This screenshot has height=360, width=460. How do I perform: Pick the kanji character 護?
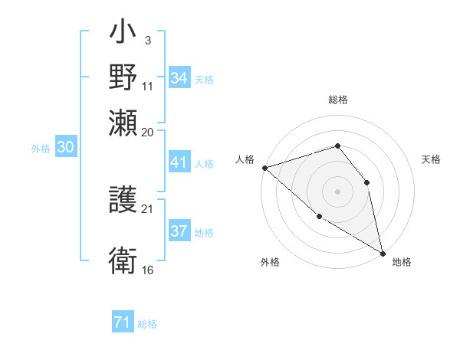[x=123, y=201]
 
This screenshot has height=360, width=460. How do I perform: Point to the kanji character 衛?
[x=123, y=260]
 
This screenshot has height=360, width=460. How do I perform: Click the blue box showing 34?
[x=179, y=78]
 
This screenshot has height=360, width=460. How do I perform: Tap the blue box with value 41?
[x=179, y=162]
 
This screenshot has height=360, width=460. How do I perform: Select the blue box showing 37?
[x=179, y=231]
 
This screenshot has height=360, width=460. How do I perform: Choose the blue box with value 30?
[x=65, y=148]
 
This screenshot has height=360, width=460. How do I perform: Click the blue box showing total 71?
[x=123, y=322]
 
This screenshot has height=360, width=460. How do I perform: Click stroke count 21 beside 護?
[x=148, y=209]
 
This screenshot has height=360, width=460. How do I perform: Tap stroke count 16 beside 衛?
[x=148, y=270]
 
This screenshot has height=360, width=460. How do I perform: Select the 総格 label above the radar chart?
[x=337, y=100]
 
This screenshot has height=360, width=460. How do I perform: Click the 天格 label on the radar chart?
[x=431, y=159]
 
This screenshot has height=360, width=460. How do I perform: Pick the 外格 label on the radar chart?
[x=270, y=263]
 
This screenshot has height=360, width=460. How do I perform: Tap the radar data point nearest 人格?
[x=264, y=167]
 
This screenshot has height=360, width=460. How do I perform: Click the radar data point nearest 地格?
[x=383, y=252]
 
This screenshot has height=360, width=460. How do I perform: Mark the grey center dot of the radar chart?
[x=337, y=191]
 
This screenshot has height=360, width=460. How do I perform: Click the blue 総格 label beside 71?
[x=148, y=324]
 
